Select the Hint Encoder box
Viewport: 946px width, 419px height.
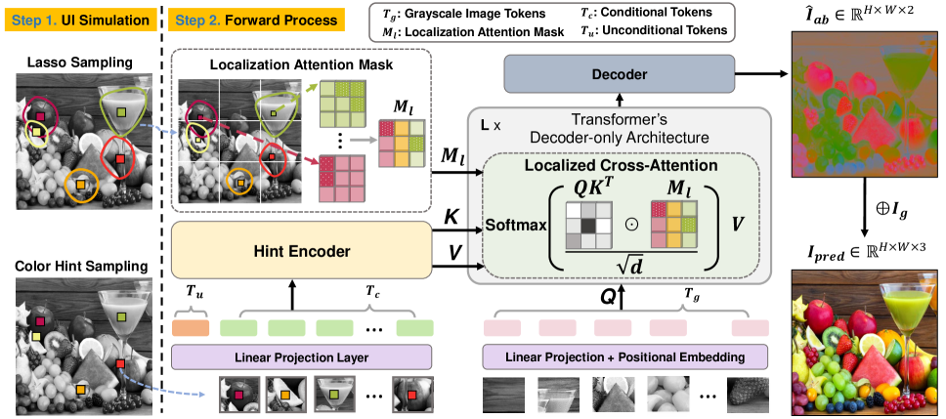(301, 251)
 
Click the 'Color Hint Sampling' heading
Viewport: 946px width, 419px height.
(76, 266)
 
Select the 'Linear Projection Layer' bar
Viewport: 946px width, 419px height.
(301, 357)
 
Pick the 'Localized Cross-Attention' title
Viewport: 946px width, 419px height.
(620, 166)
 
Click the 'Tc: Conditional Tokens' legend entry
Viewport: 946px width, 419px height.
(671, 12)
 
